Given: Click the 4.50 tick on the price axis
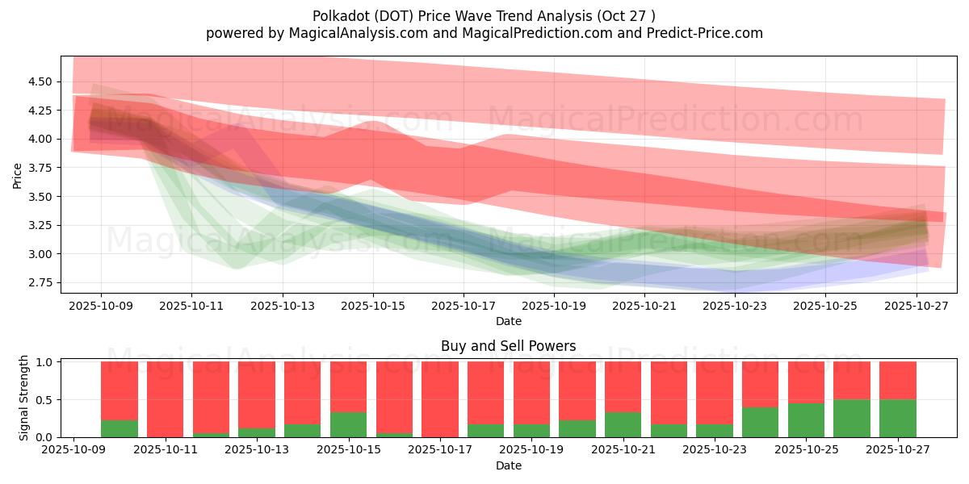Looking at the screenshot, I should click(x=40, y=81).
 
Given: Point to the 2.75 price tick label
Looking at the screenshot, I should click(x=40, y=283).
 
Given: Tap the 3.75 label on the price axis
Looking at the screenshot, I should click(x=40, y=168).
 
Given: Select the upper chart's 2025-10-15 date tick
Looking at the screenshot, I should click(x=373, y=307).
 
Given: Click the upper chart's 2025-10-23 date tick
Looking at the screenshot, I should click(x=735, y=307).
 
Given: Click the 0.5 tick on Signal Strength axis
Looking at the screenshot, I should click(x=46, y=400).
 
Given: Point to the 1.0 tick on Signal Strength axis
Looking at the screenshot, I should click(x=46, y=362).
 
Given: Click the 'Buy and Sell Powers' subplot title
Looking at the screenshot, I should click(x=509, y=346).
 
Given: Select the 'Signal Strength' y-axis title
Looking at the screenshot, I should click(x=24, y=398).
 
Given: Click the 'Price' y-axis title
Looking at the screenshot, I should click(x=18, y=175).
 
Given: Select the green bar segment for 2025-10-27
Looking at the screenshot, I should click(x=898, y=418).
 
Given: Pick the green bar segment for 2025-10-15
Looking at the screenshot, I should click(x=349, y=424).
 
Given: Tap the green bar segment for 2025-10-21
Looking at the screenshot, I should click(x=623, y=424).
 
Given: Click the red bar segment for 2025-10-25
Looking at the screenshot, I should click(x=806, y=382).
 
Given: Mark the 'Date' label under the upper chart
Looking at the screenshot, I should click(x=509, y=321).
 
